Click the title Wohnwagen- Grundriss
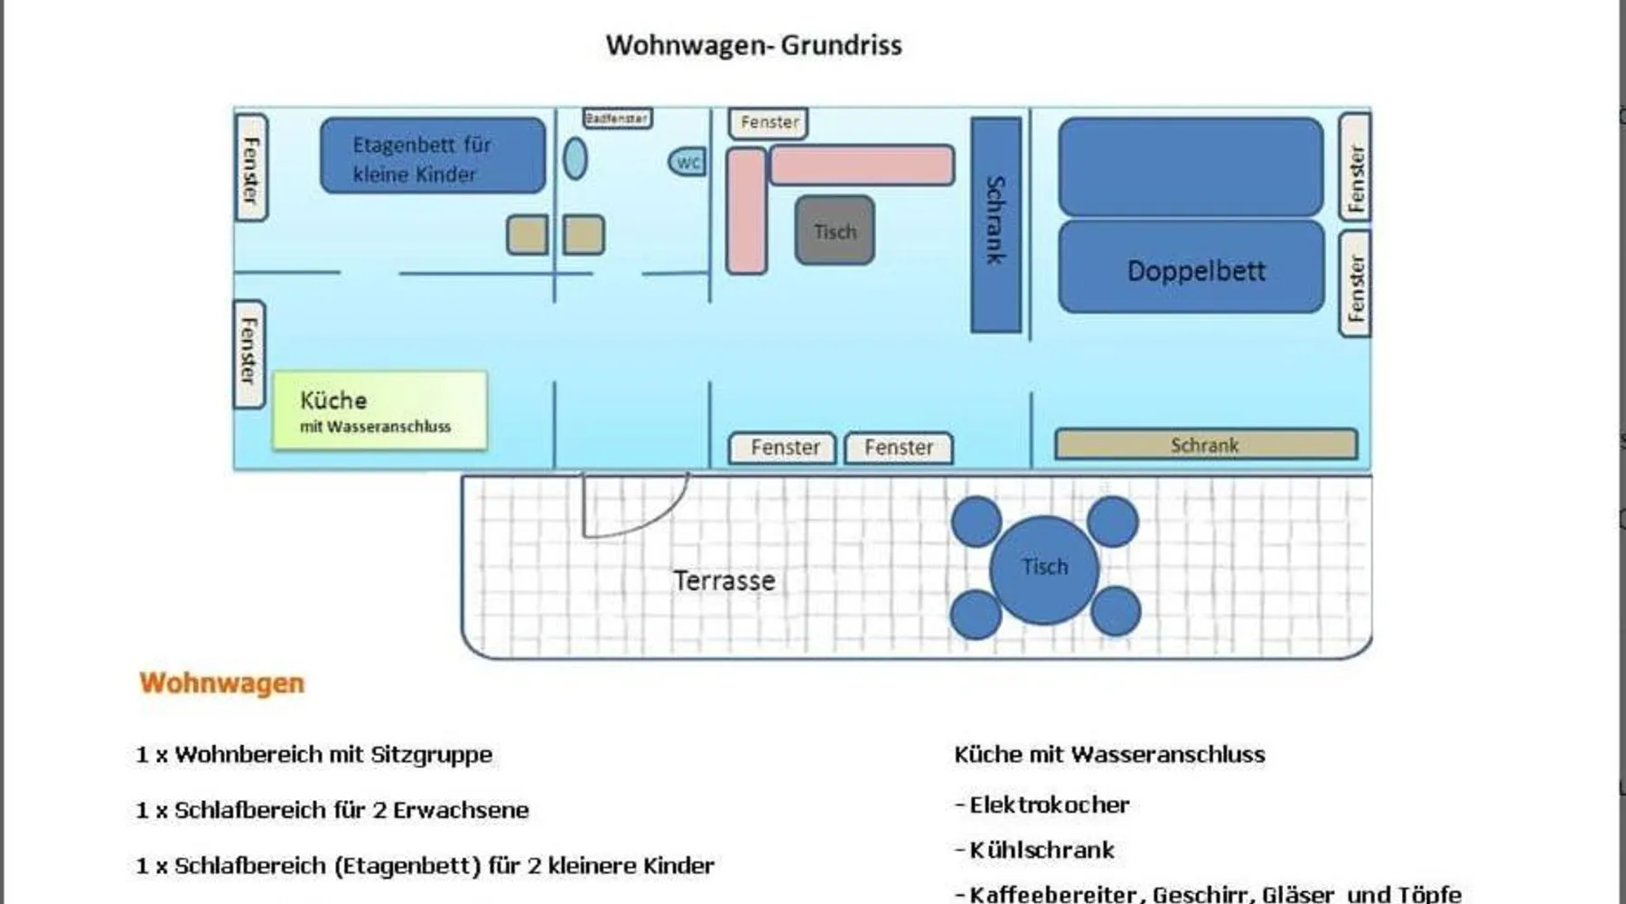coord(753,45)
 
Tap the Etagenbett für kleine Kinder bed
coord(432,156)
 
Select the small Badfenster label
coord(617,118)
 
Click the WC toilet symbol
coord(687,163)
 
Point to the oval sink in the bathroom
coord(575,159)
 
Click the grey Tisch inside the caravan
coord(834,231)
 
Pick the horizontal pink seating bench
coord(862,165)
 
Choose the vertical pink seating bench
coord(746,211)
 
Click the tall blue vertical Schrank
coord(995,223)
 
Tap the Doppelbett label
coord(1196,270)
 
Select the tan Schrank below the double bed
coord(1205,445)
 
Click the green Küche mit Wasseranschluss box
coord(379,410)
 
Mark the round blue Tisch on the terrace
coord(1044,569)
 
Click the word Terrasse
coord(724,580)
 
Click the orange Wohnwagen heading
coord(221,683)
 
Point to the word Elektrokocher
coord(1049,805)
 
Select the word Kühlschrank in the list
coord(1042,850)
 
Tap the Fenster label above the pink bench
coord(769,122)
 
